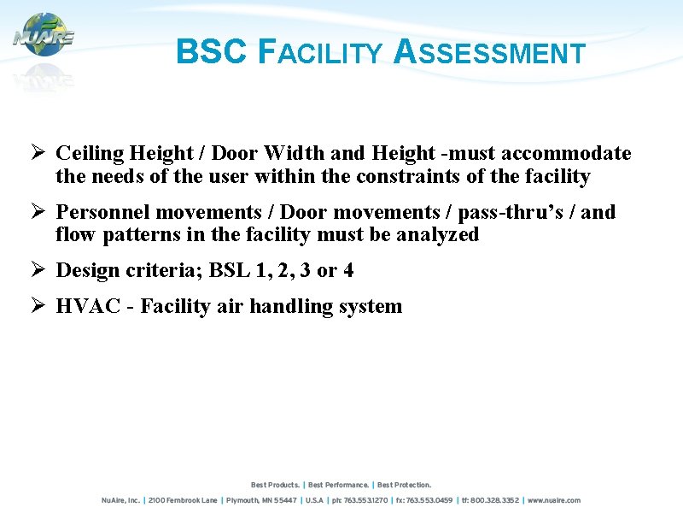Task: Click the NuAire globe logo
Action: [x=44, y=35]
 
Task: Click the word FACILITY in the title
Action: [x=320, y=53]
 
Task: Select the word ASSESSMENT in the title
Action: [x=490, y=53]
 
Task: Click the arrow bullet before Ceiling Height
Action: [x=38, y=154]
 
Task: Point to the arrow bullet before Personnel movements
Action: [x=38, y=212]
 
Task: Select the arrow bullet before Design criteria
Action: [x=38, y=271]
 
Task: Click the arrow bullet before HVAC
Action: [x=38, y=306]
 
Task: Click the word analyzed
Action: [x=437, y=235]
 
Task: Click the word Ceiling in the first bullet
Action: [x=90, y=154]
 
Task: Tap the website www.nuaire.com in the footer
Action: [x=554, y=500]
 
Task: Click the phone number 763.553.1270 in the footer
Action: [x=367, y=500]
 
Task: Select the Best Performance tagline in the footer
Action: [x=339, y=485]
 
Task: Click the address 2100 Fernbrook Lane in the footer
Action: [x=183, y=500]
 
